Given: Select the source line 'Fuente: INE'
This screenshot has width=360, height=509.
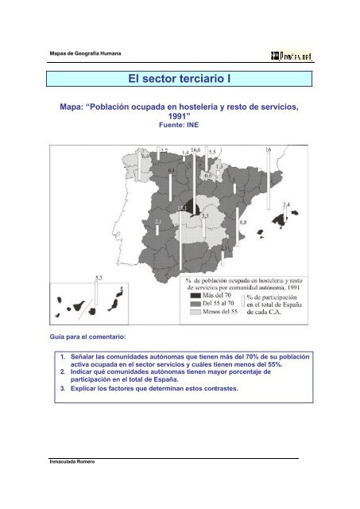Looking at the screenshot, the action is pos(180,125).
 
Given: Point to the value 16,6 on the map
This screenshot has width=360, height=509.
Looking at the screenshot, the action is pos(196,150).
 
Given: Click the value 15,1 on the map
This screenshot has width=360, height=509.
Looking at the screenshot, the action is pos(183,208).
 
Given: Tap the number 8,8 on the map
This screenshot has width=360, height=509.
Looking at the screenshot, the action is pos(244,223).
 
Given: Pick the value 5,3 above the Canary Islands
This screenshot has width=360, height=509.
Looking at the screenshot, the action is pos(99,277).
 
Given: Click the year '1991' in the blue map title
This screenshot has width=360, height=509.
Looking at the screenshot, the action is pos(179,114).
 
